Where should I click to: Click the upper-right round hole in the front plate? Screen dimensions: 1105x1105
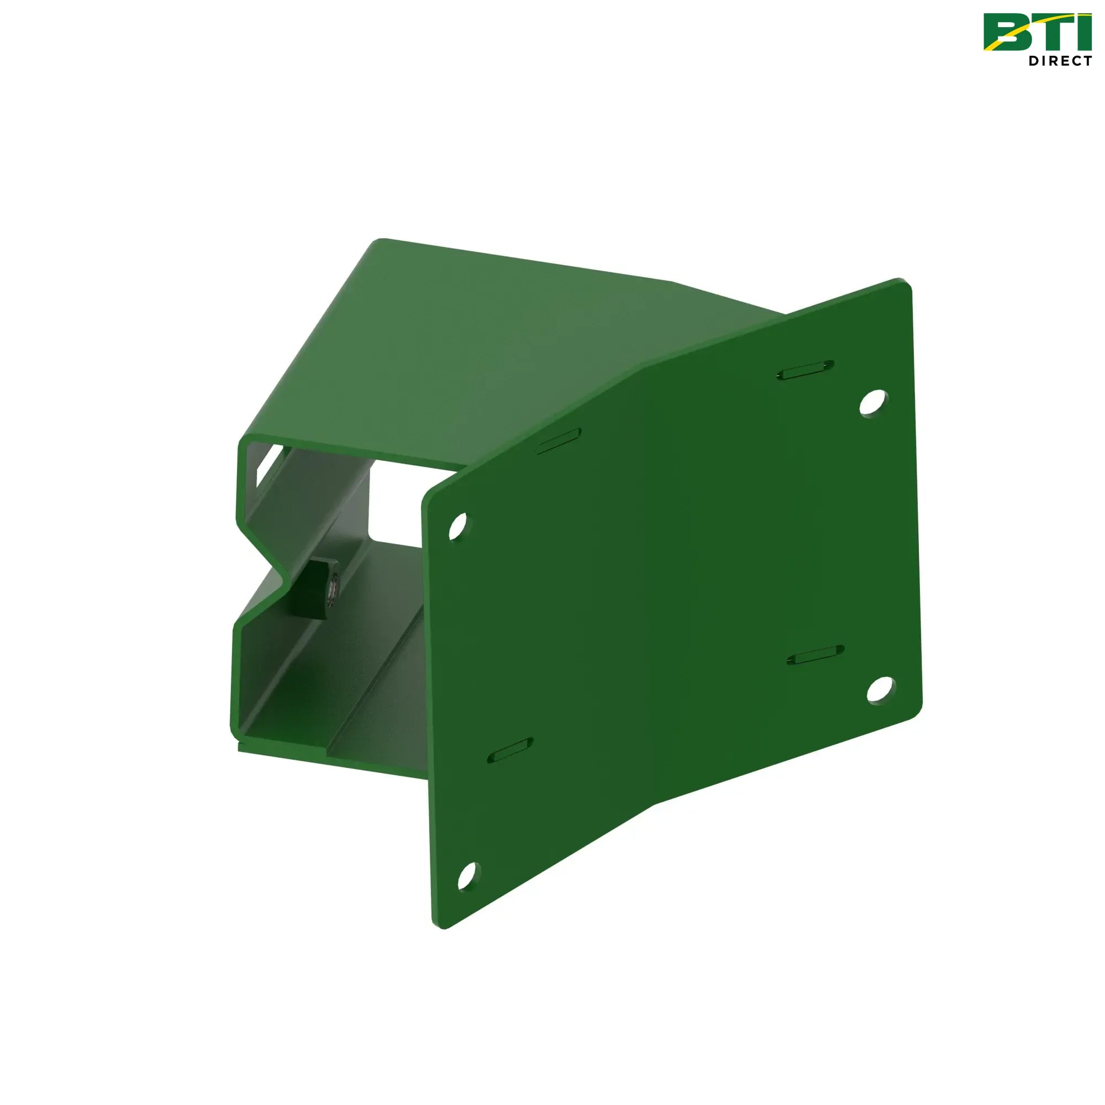(874, 403)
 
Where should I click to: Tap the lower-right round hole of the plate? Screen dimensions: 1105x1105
(881, 690)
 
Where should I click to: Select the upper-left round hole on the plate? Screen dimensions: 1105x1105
(457, 526)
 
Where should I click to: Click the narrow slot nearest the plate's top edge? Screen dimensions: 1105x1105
(806, 370)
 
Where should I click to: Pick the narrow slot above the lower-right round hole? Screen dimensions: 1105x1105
(815, 655)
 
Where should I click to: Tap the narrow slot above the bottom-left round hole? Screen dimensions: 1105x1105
(510, 750)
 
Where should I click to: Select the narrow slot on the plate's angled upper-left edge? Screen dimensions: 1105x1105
(558, 441)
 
